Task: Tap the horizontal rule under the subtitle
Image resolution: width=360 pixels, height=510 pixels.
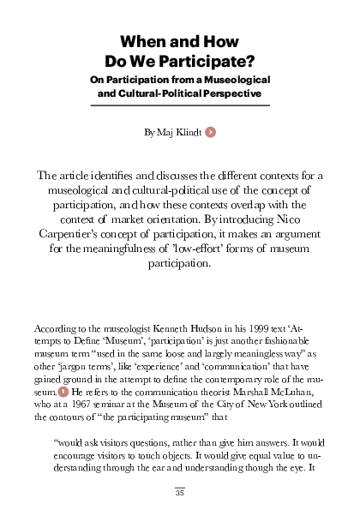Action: (180, 105)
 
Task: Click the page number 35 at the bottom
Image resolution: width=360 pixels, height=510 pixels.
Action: (180, 492)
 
